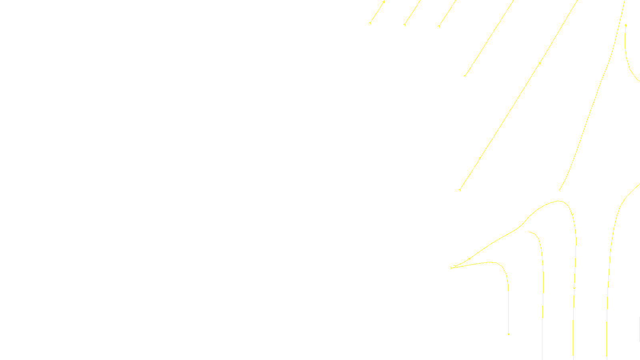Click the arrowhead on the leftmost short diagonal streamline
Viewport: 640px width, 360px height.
pyautogui.click(x=384, y=2)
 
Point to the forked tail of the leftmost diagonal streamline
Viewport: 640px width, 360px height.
pyautogui.click(x=370, y=23)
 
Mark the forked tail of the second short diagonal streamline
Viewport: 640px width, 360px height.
pyautogui.click(x=404, y=24)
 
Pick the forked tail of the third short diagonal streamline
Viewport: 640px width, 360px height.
pyautogui.click(x=439, y=26)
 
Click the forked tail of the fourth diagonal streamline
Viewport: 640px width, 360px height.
pyautogui.click(x=465, y=76)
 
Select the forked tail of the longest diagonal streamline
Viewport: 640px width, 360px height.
pyautogui.click(x=460, y=190)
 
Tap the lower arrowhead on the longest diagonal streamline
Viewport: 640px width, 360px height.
pyautogui.click(x=480, y=158)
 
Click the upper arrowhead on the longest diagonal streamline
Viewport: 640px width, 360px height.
pyautogui.click(x=540, y=63)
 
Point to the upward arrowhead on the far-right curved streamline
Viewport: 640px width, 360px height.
pyautogui.click(x=626, y=25)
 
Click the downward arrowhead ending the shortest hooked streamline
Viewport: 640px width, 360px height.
pyautogui.click(x=508, y=334)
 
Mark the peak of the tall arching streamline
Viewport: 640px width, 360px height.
pyautogui.click(x=559, y=201)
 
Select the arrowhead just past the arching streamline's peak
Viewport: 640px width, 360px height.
pyautogui.click(x=572, y=215)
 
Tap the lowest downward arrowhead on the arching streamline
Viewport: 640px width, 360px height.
pyautogui.click(x=574, y=288)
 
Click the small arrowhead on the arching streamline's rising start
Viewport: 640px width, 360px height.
pyautogui.click(x=469, y=259)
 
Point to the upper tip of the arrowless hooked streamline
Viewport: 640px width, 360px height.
pyautogui.click(x=529, y=232)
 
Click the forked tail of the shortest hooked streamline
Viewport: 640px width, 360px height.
pyautogui.click(x=452, y=268)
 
